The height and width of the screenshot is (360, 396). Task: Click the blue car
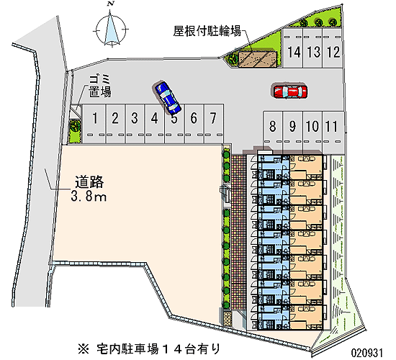coord(166,97)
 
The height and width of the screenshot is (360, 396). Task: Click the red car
coord(290,91)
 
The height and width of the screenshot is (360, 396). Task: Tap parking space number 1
coord(95,124)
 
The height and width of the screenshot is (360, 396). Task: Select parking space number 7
coord(214,124)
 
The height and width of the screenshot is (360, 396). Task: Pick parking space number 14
coord(293,48)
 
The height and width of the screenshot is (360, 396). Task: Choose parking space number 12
coord(333,48)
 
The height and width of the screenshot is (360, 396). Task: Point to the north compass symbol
coord(111,29)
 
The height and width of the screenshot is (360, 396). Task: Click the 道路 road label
coord(89,182)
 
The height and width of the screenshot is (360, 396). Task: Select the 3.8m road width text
coord(89,196)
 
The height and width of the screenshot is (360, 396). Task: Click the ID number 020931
coord(367,352)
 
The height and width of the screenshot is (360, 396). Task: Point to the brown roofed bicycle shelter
coord(258,60)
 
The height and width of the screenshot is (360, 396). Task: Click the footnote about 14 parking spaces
coord(149,349)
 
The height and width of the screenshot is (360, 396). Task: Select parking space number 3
coord(135,124)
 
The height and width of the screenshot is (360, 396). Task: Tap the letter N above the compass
coord(110,4)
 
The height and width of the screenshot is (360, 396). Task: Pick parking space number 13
coord(313,48)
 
